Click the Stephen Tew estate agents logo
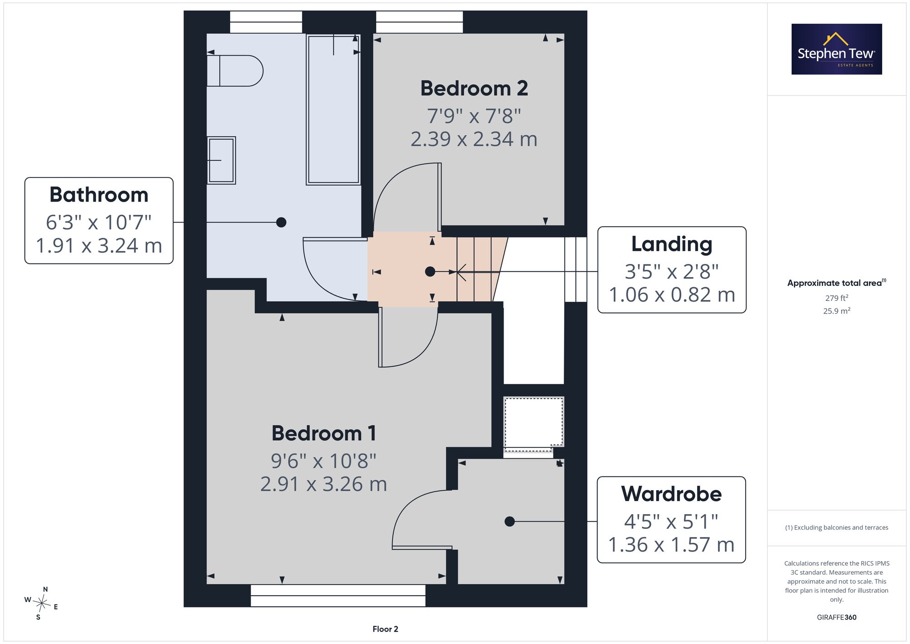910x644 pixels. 837,49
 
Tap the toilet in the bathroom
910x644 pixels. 235,71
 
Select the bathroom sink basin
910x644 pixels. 222,160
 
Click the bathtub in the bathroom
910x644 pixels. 334,109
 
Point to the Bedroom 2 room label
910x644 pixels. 474,88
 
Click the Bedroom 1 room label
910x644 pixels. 324,433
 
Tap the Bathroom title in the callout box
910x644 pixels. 99,195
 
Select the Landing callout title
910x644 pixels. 672,244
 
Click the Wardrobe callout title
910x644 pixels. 672,494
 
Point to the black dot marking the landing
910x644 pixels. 430,272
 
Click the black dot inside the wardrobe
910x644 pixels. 510,522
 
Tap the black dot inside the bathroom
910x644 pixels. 281,222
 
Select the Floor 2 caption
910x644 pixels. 385,629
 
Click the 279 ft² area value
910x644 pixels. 837,298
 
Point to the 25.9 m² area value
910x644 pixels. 837,311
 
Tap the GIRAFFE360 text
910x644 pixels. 837,618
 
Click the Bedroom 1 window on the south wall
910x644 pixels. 338,595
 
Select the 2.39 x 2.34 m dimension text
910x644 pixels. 474,139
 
